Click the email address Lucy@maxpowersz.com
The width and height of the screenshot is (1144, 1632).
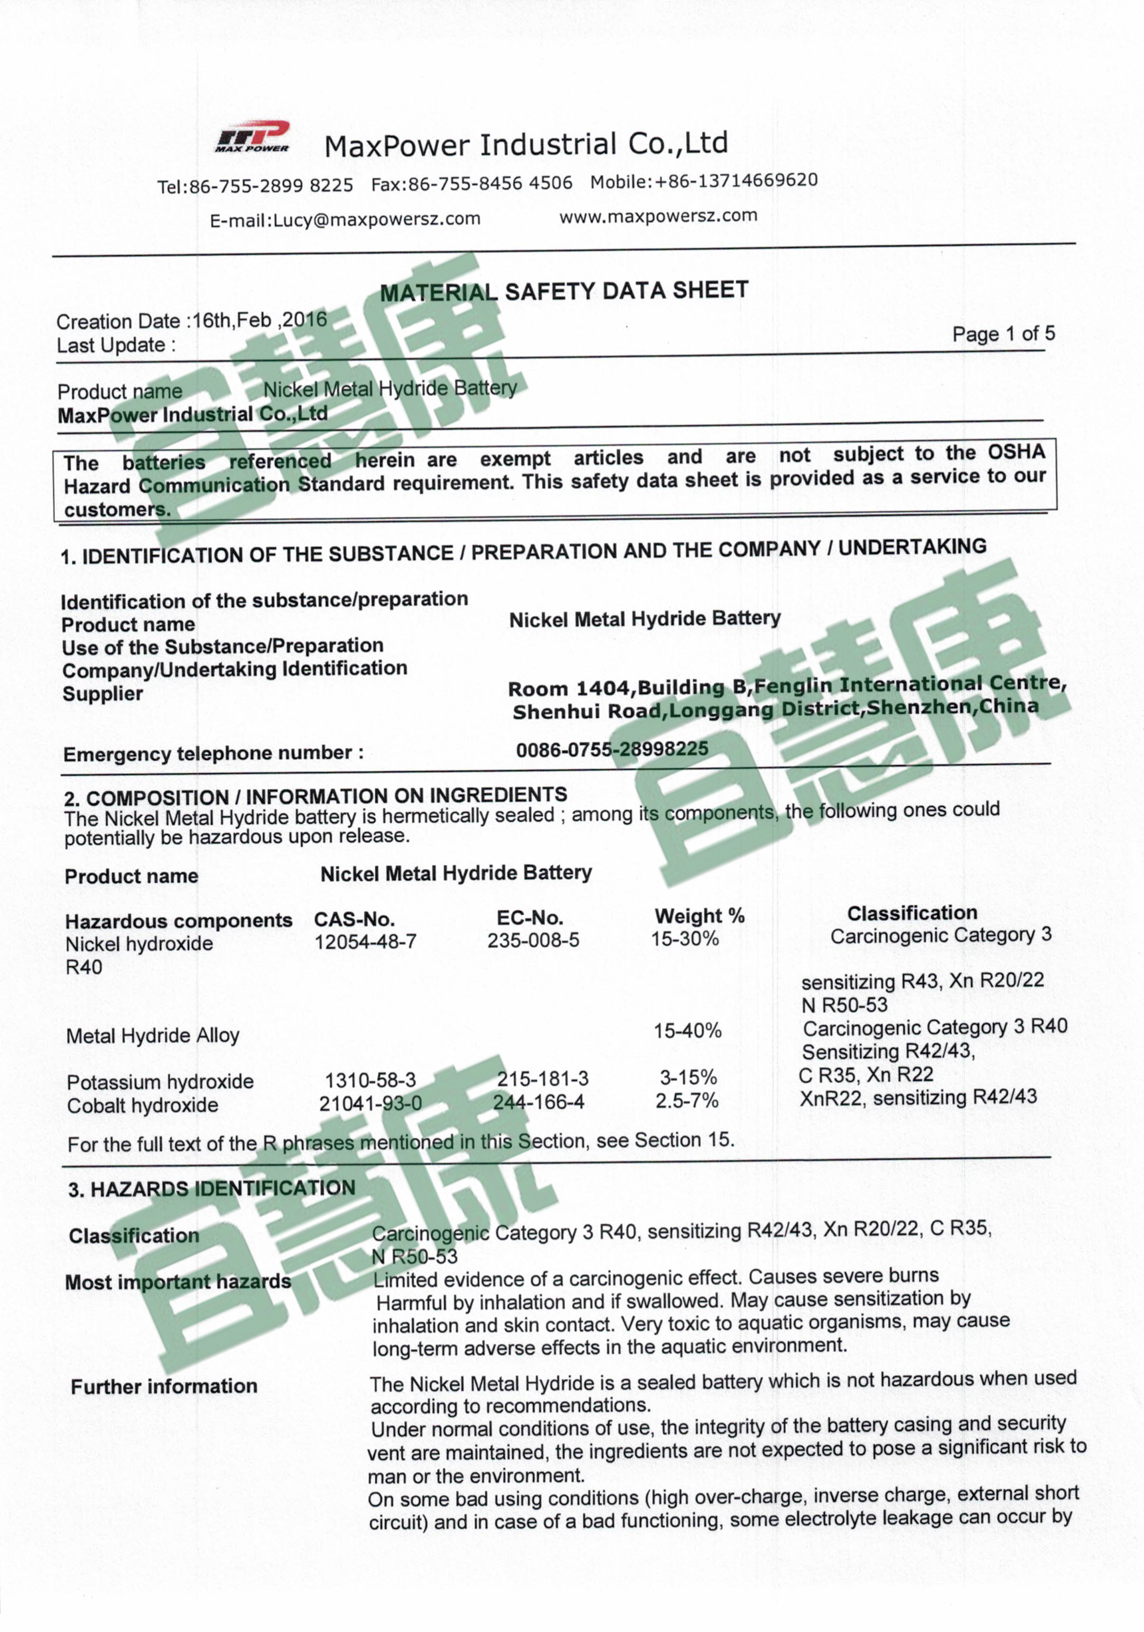coord(377,219)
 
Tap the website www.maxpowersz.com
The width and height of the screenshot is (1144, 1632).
coord(658,215)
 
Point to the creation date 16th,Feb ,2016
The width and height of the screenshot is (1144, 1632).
coord(259,320)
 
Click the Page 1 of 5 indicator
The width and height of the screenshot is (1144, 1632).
coord(1003,334)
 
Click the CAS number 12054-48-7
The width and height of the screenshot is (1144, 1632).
coord(365,942)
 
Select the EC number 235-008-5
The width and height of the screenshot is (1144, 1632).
coord(533,940)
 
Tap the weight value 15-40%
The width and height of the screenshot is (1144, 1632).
coord(687,1030)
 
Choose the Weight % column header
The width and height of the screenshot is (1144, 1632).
coord(699,916)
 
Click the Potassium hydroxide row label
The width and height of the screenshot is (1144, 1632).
coord(160,1082)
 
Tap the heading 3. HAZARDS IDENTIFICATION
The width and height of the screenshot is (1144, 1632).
coord(212,1188)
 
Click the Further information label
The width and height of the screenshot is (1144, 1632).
coord(164,1386)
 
